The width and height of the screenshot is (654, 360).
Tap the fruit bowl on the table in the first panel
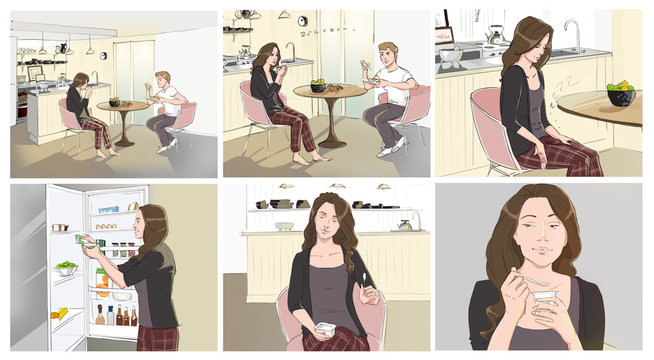[115, 101]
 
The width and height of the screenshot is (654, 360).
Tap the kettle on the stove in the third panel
[495, 35]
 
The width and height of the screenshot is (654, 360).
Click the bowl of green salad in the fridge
[67, 269]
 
